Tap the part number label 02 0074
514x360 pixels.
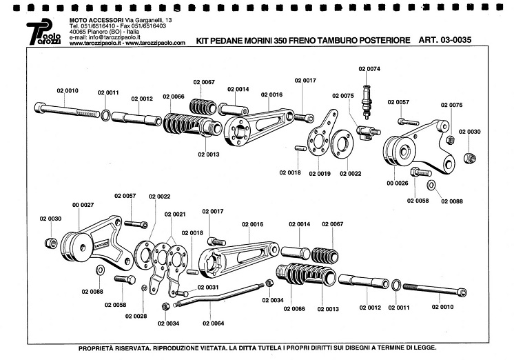[x=369, y=69]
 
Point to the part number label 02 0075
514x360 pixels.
[x=342, y=96]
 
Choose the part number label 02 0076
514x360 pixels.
[x=451, y=106]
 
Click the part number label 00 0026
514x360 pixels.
[x=397, y=183]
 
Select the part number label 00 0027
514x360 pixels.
[x=82, y=205]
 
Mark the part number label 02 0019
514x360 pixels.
[x=320, y=173]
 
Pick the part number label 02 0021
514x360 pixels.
[x=176, y=214]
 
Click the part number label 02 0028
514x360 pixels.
[x=136, y=316]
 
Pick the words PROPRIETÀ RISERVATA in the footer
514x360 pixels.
[x=114, y=348]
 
